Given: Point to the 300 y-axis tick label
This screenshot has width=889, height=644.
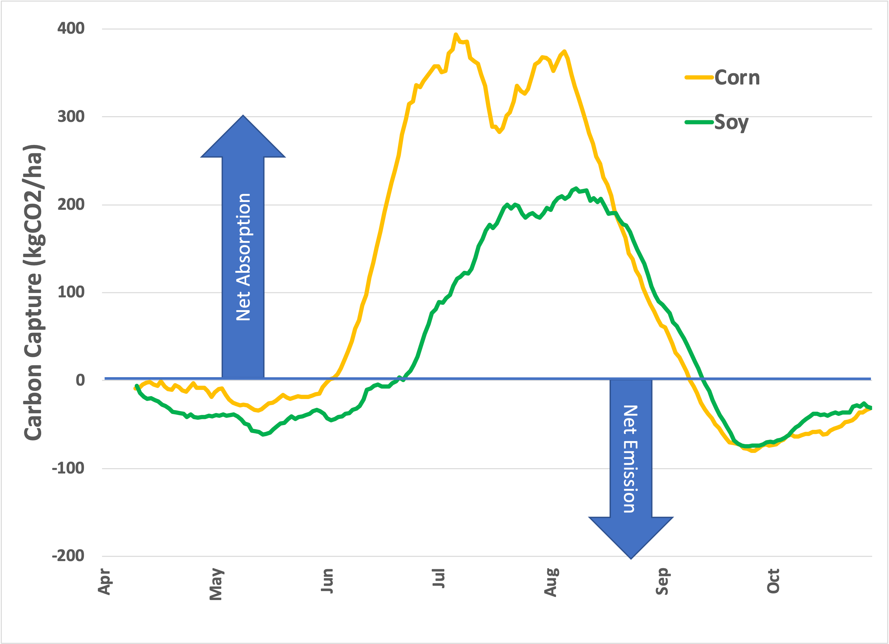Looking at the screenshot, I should point(71,116).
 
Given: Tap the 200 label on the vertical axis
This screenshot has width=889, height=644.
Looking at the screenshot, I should point(71,204).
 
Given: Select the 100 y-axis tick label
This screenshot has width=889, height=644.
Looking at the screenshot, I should point(71,292).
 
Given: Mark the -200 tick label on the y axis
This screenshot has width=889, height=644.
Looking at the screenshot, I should point(68,555).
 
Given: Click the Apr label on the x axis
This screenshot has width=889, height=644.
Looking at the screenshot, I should point(104,581).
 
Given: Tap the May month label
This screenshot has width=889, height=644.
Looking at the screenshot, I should point(216,584).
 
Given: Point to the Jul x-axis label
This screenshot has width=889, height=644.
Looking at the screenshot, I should point(439,578).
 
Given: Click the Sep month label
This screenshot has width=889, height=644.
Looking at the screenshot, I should point(662,581).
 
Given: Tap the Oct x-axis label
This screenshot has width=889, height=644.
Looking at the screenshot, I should point(773,581).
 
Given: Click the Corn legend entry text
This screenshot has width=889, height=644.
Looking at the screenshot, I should point(737,78).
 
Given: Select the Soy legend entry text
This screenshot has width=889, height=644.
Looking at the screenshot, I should point(731,123).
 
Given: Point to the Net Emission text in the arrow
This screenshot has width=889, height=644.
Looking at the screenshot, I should point(631,459).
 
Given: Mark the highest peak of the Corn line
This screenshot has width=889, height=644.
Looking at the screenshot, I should point(456,35).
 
